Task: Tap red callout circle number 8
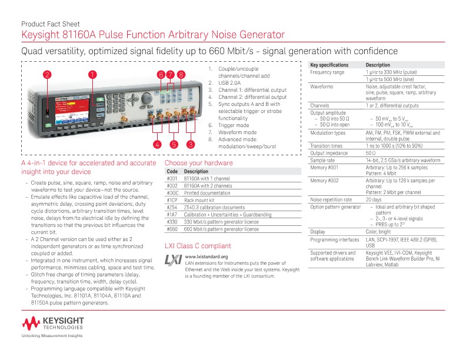[181, 75]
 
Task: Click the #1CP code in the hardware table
[172, 200]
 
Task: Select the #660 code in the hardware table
[172, 229]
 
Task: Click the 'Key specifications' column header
[329, 65]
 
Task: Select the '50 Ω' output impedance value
[371, 153]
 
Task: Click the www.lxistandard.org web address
[206, 257]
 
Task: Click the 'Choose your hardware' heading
[198, 162]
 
